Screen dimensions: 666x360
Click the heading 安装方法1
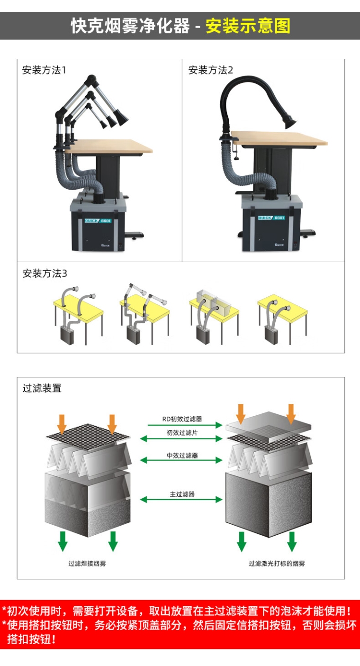(44, 71)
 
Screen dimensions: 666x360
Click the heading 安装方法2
(211, 71)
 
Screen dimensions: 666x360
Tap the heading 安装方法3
(45, 274)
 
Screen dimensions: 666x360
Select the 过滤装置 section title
(42, 388)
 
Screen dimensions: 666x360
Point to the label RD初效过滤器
(182, 419)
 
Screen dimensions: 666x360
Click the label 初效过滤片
(182, 433)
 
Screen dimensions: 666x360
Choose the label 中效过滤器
(182, 456)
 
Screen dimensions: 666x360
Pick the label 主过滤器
(182, 494)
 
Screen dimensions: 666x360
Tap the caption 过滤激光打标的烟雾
(277, 564)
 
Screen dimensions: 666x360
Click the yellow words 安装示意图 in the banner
(248, 26)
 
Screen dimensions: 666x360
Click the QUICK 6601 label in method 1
(98, 220)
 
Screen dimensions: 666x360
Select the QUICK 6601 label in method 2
(271, 218)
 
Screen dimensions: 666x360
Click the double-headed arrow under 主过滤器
(182, 500)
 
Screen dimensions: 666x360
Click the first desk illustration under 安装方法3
(78, 315)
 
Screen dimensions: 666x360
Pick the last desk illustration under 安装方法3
(282, 315)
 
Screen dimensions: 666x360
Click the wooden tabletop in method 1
(114, 146)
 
